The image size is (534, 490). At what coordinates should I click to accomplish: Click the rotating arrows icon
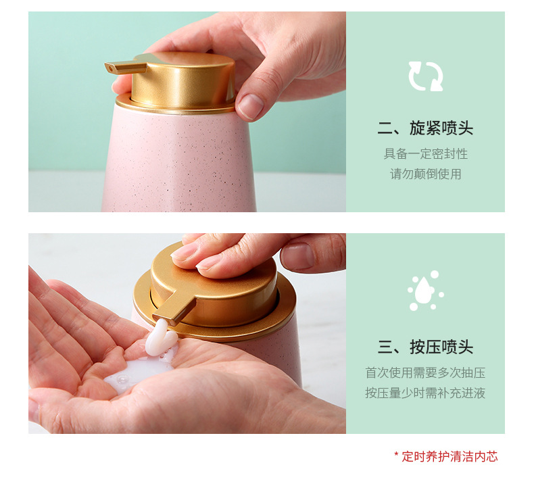pyautogui.click(x=425, y=76)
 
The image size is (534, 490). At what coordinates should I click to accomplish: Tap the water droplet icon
pyautogui.click(x=425, y=291)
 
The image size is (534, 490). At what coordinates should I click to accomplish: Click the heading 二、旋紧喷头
pyautogui.click(x=425, y=128)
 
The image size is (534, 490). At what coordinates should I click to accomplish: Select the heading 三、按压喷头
pyautogui.click(x=425, y=347)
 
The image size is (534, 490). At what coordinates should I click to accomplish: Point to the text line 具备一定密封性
pyautogui.click(x=425, y=153)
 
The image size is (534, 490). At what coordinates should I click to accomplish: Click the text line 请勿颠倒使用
pyautogui.click(x=425, y=174)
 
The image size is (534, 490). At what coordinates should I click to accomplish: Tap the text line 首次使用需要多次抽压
pyautogui.click(x=425, y=372)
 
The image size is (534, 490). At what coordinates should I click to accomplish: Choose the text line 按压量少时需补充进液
pyautogui.click(x=425, y=393)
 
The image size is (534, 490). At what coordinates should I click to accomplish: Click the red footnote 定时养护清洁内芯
pyautogui.click(x=450, y=456)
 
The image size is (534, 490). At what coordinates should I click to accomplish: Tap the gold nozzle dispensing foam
pyautogui.click(x=172, y=310)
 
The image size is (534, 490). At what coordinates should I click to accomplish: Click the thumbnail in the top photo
pyautogui.click(x=251, y=105)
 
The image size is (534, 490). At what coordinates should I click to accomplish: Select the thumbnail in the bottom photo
pyautogui.click(x=297, y=257)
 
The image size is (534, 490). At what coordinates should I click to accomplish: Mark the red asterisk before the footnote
pyautogui.click(x=397, y=456)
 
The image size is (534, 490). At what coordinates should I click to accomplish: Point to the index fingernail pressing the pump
pyautogui.click(x=185, y=252)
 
